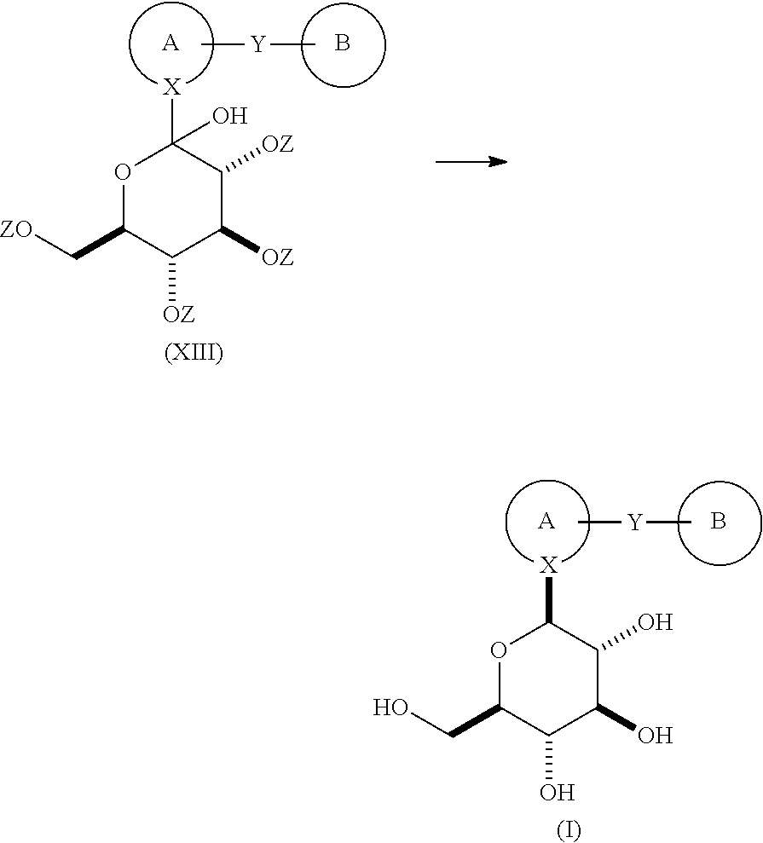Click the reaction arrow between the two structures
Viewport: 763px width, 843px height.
click(471, 161)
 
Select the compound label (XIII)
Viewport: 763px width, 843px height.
click(194, 353)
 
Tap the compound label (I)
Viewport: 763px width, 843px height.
click(569, 830)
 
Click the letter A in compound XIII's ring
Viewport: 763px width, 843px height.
click(171, 43)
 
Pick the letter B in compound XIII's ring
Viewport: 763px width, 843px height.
click(342, 43)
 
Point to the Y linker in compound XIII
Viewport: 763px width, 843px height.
click(258, 44)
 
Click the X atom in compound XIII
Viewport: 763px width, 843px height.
click(172, 87)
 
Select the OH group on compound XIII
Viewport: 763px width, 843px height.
click(230, 116)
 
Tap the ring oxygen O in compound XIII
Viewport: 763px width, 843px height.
click(123, 172)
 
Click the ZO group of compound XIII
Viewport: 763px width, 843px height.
click(16, 229)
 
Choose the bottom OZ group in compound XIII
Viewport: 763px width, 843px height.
click(178, 314)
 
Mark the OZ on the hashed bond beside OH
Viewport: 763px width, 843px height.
click(277, 144)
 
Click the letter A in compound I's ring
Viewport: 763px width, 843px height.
click(546, 521)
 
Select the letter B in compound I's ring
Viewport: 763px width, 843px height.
click(719, 521)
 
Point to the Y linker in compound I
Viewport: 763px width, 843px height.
click(635, 523)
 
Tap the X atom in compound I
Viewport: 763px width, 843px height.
click(549, 564)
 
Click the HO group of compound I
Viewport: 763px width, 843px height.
click(391, 707)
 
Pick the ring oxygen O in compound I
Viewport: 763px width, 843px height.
click(499, 650)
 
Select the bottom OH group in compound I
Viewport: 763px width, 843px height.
click(557, 792)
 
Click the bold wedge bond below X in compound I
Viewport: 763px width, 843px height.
click(548, 599)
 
